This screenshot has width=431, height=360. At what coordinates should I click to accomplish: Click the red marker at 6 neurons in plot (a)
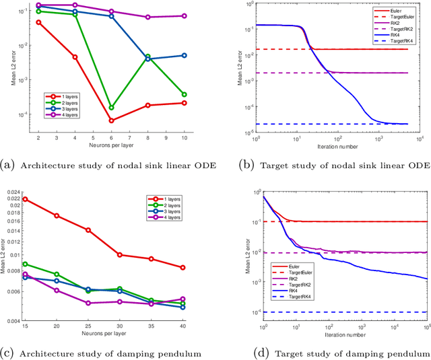click(x=111, y=120)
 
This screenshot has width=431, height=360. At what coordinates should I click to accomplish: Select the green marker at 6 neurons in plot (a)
click(x=111, y=107)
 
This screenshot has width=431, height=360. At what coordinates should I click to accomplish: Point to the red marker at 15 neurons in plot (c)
click(x=25, y=199)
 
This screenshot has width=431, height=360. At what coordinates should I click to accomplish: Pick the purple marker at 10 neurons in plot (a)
click(x=185, y=15)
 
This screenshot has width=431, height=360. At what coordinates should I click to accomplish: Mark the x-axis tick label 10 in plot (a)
click(x=185, y=137)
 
